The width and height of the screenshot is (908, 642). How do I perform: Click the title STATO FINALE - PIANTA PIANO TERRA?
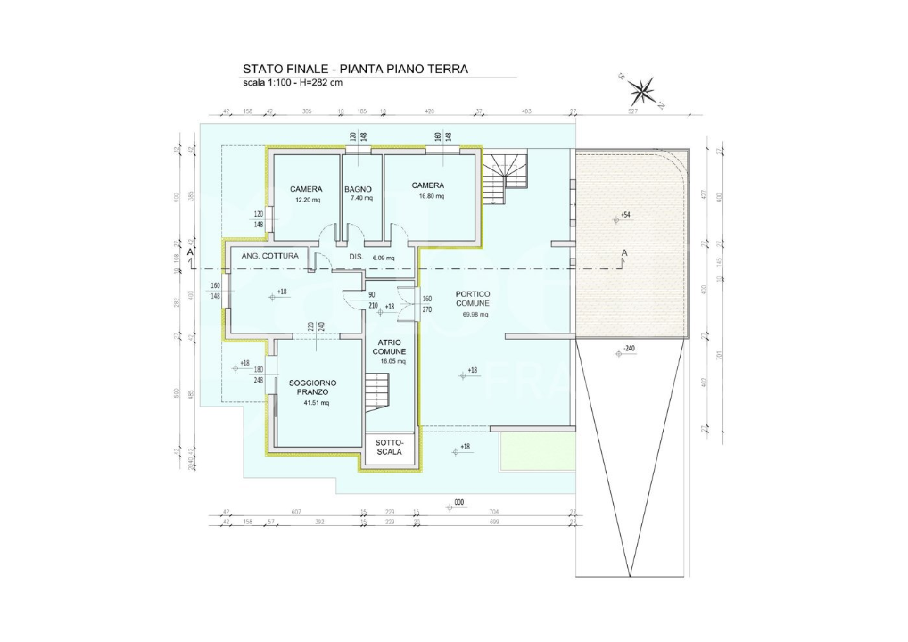pos(355,69)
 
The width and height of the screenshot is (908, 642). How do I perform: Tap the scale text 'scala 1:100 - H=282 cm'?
pos(293,83)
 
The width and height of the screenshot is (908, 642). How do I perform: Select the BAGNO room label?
pos(358,189)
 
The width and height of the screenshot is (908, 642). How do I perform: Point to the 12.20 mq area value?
pos(305,200)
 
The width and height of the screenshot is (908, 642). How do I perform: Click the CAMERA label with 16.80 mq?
pos(427,185)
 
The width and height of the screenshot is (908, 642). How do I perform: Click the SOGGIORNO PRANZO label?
pos(313,387)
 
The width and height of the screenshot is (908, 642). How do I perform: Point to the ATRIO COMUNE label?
pos(389,347)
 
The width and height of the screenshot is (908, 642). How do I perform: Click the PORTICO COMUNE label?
pos(472,299)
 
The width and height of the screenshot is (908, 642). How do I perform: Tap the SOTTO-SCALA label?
pos(389,447)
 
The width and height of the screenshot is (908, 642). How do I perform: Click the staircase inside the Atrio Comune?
pos(378,391)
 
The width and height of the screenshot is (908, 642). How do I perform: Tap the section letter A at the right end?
pos(624,253)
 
